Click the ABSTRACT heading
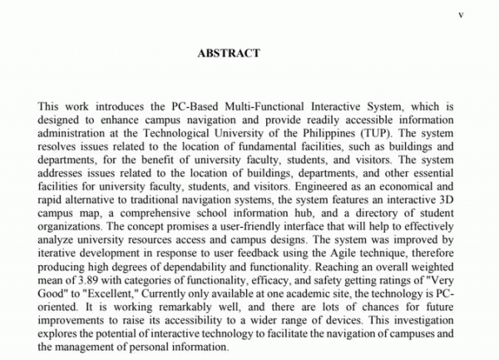[x=229, y=53]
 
